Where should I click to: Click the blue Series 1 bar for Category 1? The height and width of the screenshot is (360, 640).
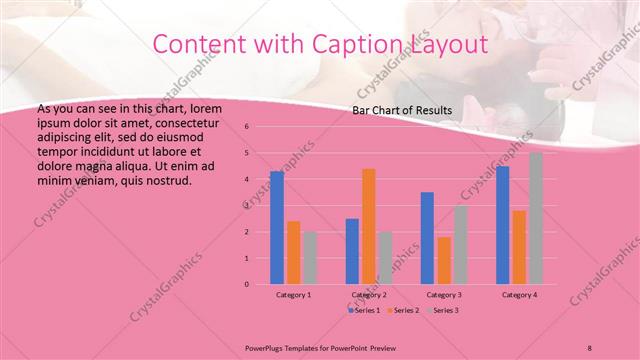tap(277, 228)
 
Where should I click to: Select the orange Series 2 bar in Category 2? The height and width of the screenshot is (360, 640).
tap(369, 226)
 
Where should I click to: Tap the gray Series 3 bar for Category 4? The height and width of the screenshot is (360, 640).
tap(536, 218)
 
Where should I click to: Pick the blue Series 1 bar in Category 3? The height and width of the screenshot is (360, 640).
tap(427, 238)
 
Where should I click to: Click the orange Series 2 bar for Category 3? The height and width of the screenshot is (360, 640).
tap(444, 260)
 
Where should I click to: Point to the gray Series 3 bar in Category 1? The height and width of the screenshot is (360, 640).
tap(309, 258)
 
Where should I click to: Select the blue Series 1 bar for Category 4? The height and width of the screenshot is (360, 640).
tap(503, 225)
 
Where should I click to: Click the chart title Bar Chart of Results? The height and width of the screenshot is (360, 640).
tap(402, 111)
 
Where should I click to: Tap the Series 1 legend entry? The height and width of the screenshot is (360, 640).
tap(364, 311)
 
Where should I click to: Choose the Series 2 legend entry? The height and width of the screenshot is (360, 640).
tap(404, 311)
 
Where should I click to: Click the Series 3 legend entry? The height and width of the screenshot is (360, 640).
tap(443, 311)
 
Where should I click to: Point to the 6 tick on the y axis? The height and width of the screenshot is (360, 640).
tap(246, 127)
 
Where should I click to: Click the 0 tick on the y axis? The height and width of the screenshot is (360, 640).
tap(246, 284)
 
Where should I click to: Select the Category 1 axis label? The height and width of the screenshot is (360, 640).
tap(293, 295)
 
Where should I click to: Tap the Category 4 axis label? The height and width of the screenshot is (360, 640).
tap(519, 295)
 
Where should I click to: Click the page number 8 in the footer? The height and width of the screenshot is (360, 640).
tap(590, 346)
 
